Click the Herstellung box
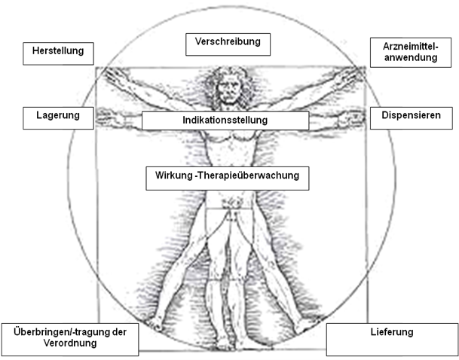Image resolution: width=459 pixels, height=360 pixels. [x=59, y=53]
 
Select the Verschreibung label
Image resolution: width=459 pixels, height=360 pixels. [x=227, y=43]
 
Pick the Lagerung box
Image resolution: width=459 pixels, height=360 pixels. [x=58, y=116]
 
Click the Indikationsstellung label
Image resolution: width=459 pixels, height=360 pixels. [x=225, y=121]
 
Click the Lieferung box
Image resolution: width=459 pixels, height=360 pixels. [x=392, y=339]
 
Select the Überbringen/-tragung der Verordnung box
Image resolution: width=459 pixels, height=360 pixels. [x=70, y=338]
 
